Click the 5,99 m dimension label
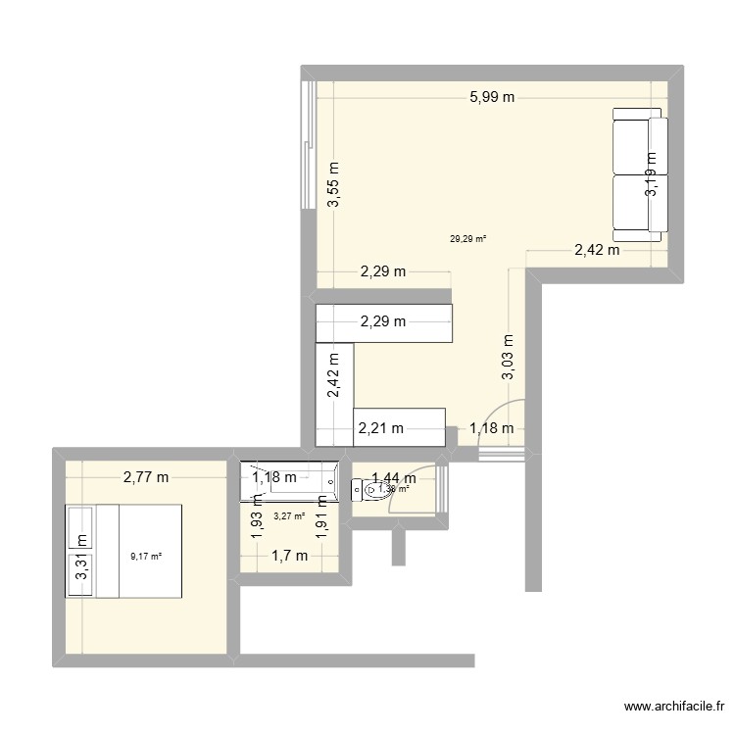coord(492,96)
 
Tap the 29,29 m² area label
coord(468,237)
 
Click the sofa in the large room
coord(640,174)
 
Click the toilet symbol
coord(375,488)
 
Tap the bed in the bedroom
coord(123,551)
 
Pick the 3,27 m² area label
coord(288,516)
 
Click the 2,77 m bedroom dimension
coord(145,478)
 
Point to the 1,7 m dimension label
coord(289,556)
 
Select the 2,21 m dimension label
coord(381,427)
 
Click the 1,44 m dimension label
coord(394,478)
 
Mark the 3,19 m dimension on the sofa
coord(651,174)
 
